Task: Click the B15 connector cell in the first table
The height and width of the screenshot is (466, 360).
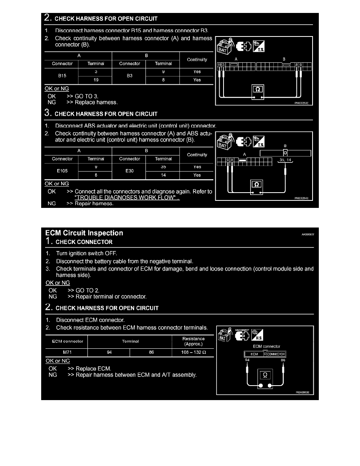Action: coord(62,76)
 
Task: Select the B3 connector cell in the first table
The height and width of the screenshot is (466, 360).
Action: coord(129,76)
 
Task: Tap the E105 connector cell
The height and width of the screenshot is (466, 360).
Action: coord(62,171)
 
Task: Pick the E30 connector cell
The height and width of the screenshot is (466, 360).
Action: coord(129,171)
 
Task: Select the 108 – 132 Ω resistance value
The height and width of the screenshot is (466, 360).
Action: coord(193,352)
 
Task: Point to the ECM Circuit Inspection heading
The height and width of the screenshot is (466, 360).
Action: coord(84,233)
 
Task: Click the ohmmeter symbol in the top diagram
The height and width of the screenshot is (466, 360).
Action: coord(257,89)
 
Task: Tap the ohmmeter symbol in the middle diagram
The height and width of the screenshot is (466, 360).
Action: coord(257,184)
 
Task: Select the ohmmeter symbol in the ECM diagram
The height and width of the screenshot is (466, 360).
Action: coord(265,375)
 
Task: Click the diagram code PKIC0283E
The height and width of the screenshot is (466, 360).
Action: coord(301,103)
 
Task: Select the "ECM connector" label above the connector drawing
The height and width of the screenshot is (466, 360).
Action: coord(267,346)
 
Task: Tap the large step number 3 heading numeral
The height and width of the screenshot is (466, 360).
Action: coord(47,114)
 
